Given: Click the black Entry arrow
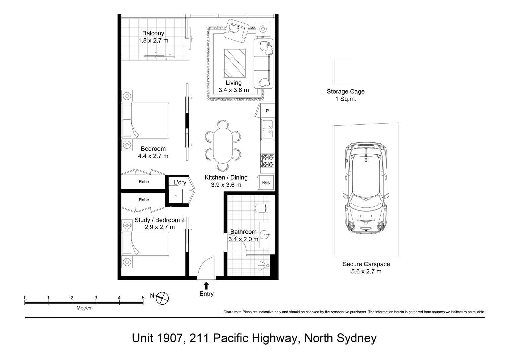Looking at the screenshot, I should pyautogui.click(x=206, y=285).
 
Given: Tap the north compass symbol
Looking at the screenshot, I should pyautogui.click(x=163, y=298).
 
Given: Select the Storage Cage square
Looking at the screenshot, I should pyautogui.click(x=346, y=72).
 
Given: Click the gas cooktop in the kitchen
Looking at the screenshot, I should pyautogui.click(x=267, y=161).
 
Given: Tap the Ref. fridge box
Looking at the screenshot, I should pyautogui.click(x=266, y=182).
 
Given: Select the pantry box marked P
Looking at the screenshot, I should pyautogui.click(x=267, y=111).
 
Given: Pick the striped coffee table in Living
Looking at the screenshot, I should pyautogui.click(x=234, y=63).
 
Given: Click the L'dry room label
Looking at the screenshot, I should pyautogui.click(x=180, y=182).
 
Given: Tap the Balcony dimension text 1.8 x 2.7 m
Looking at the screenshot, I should pyautogui.click(x=153, y=41).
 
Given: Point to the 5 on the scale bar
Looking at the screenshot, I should pyautogui.click(x=143, y=298).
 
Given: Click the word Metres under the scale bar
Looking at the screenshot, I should pyautogui.click(x=84, y=308).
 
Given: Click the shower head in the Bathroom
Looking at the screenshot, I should pyautogui.click(x=267, y=265).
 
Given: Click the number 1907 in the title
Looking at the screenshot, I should pyautogui.click(x=170, y=338).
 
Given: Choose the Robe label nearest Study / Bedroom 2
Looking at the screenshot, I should pyautogui.click(x=144, y=200).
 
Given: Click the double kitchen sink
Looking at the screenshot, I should pyautogui.click(x=267, y=130).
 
